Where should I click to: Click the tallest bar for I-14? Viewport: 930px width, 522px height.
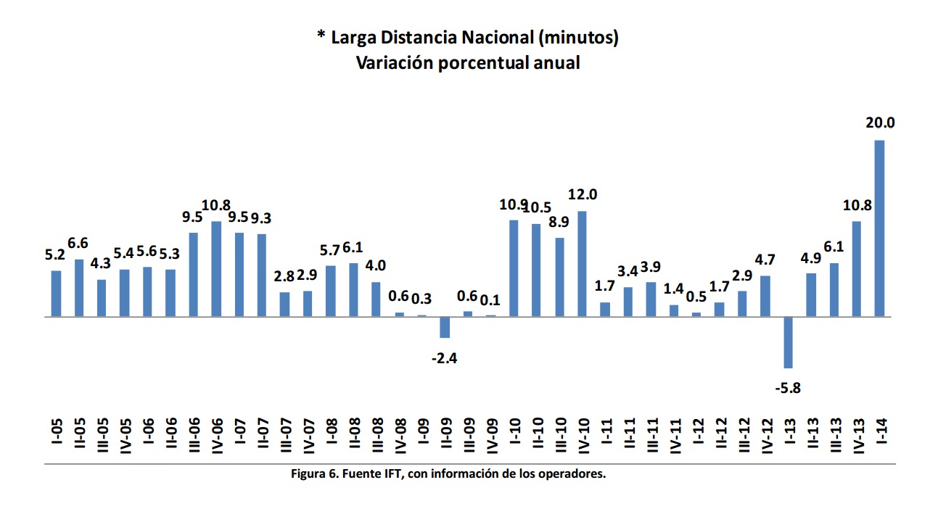[879, 228]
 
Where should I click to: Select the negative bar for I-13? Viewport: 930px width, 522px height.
[788, 342]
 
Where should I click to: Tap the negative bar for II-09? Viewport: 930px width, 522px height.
[445, 327]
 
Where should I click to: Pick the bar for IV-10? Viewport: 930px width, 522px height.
[582, 264]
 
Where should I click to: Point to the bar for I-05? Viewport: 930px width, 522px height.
[56, 294]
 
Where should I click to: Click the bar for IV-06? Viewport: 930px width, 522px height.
[216, 269]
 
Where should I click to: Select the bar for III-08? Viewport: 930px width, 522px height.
[376, 299]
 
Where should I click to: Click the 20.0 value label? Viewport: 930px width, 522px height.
[879, 123]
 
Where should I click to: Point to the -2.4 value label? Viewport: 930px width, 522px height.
[444, 357]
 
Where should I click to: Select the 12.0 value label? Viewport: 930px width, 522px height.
[582, 194]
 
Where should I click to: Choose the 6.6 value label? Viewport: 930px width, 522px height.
[79, 242]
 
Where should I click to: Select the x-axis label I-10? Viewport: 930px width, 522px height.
[514, 434]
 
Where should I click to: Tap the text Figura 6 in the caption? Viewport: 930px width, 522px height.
[314, 475]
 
